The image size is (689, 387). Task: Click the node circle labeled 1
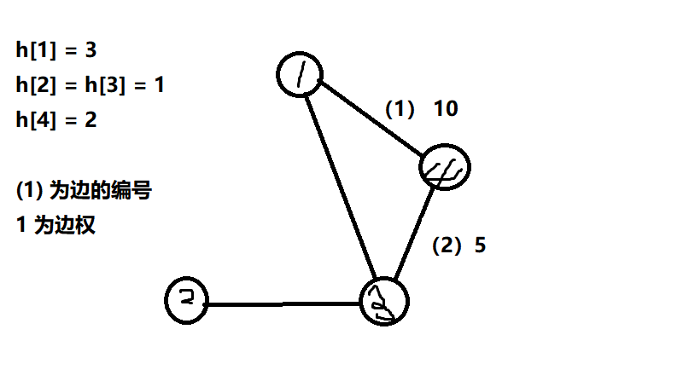pos(300,76)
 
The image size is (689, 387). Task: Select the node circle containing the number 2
pos(187,300)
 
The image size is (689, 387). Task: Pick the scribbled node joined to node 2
pos(384,300)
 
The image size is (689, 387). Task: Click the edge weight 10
pos(446,109)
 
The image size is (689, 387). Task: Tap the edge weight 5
pos(480,245)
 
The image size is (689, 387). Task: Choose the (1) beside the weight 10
pos(399,109)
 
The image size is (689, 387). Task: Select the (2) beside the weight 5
pos(447,245)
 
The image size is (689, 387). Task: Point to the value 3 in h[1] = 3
pos(91,49)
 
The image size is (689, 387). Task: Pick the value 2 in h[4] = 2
pos(91,120)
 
